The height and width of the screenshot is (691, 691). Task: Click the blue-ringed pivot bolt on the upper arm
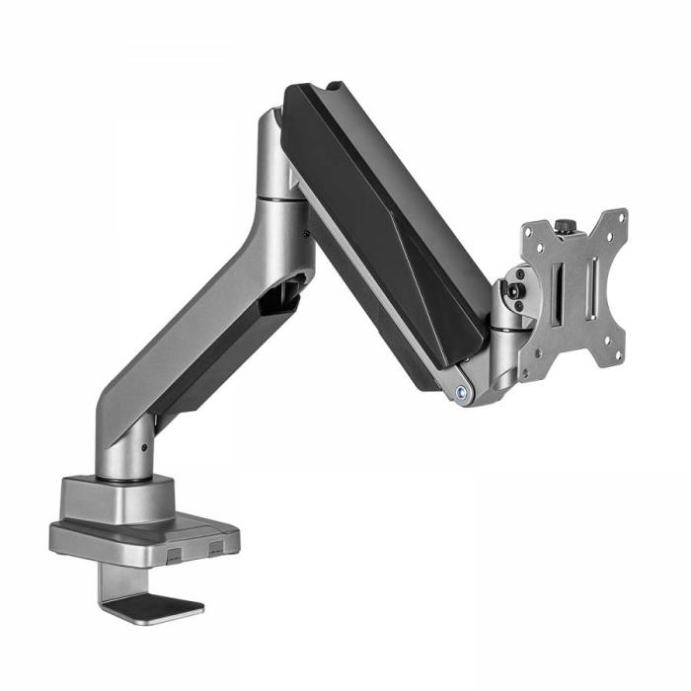point(461,391)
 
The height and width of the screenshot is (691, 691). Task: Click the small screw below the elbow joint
point(305,234)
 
